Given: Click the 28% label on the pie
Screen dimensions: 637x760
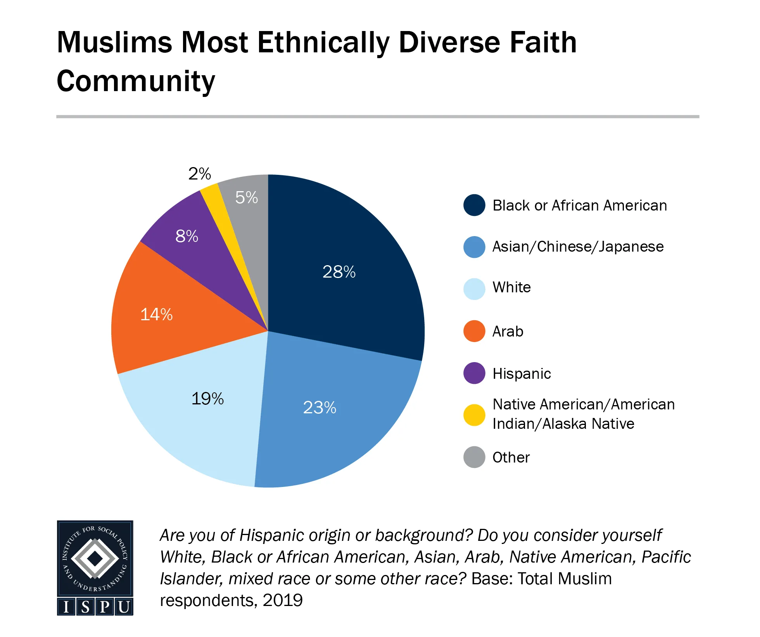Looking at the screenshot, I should (339, 272).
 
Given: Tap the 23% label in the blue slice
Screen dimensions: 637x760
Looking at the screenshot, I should (320, 407).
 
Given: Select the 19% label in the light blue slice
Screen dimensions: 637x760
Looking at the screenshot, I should (207, 399).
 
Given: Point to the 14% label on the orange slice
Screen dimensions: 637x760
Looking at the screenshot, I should (156, 314).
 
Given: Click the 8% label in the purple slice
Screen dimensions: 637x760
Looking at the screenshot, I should (187, 236).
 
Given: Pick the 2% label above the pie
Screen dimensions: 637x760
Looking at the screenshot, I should (199, 174).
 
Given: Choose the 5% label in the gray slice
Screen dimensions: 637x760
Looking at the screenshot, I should (246, 198).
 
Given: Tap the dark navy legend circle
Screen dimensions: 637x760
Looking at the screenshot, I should (474, 205).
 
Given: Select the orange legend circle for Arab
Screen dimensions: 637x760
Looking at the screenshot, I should (474, 331).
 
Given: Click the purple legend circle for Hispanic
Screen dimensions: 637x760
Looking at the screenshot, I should (474, 373).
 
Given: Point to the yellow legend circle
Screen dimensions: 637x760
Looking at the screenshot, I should (474, 415).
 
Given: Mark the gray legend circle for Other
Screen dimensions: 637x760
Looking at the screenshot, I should (474, 457).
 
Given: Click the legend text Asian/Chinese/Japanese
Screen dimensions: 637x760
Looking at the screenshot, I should (578, 247).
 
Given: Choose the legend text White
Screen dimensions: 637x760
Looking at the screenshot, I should (511, 287).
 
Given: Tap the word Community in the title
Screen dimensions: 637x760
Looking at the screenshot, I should (136, 81).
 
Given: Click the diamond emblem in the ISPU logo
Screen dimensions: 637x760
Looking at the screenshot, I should (95, 559).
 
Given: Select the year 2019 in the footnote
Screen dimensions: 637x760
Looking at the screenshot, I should (283, 600).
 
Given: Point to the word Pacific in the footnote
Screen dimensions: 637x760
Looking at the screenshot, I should (666, 557).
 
